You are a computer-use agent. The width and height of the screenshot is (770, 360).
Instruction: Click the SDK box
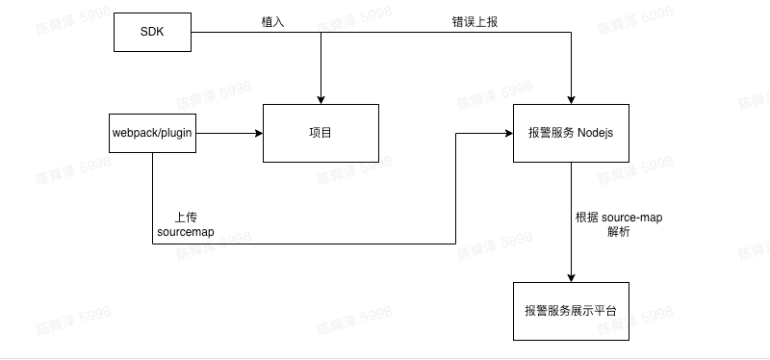coord(152,34)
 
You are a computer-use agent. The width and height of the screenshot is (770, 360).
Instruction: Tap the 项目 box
coord(320,133)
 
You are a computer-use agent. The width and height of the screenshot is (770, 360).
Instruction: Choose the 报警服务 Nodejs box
coord(571,133)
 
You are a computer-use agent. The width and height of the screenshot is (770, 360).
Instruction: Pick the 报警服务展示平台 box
coord(571,311)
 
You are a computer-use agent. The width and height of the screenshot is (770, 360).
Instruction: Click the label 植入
coord(273,22)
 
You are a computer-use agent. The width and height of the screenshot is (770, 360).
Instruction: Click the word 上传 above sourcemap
coord(186,218)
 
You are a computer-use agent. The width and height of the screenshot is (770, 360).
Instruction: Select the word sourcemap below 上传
coord(186,233)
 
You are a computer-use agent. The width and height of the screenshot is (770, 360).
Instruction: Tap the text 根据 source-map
coord(617,218)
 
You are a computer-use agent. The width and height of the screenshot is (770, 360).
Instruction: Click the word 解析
coord(617,233)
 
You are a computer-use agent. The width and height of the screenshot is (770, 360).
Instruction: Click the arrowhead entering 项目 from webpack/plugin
coord(258,133)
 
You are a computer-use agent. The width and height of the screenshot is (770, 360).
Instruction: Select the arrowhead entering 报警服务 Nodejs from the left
coord(508,133)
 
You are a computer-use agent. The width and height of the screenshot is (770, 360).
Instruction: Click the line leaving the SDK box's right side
coord(231,34)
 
